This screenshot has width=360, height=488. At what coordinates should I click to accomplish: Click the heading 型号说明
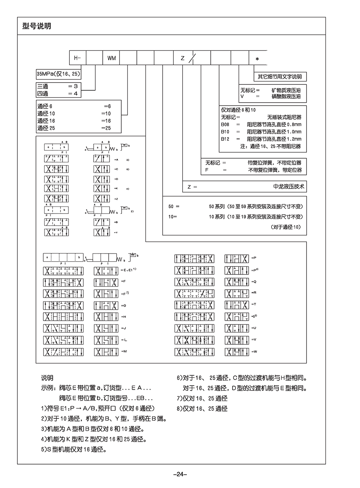(x=37, y=27)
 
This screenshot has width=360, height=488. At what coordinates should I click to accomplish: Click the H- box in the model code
(x=78, y=58)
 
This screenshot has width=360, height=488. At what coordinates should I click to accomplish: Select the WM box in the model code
(x=111, y=58)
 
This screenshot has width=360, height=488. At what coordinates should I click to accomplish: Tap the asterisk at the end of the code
(x=257, y=59)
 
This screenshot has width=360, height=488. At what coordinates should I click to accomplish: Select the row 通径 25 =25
(x=74, y=128)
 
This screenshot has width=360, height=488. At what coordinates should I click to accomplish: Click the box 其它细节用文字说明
(x=280, y=76)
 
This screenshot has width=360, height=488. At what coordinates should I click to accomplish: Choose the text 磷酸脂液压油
(x=286, y=97)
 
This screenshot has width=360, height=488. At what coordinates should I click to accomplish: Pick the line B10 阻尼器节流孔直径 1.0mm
(x=261, y=131)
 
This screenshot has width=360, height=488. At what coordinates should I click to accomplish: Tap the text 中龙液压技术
(x=289, y=186)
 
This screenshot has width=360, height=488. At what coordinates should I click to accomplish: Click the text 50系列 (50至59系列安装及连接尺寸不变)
(x=256, y=206)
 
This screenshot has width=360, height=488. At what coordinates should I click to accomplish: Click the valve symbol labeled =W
(x=236, y=352)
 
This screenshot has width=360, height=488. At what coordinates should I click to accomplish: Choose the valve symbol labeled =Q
(x=236, y=282)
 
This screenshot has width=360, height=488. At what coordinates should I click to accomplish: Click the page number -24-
(x=180, y=474)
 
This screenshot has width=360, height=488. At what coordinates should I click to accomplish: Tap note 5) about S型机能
(x=74, y=450)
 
